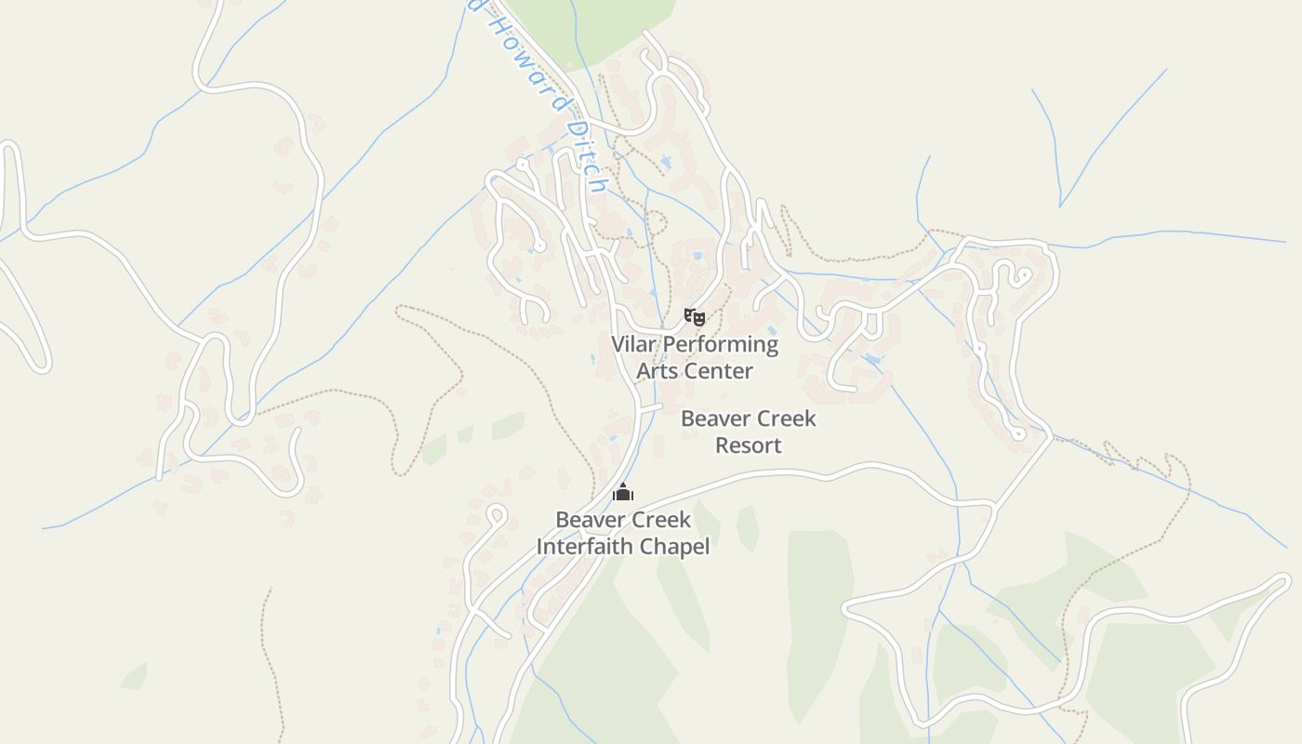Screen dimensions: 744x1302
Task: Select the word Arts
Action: point(658,371)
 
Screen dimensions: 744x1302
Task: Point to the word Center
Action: point(718,371)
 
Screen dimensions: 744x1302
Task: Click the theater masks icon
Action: point(694,317)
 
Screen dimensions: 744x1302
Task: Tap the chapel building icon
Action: point(623,492)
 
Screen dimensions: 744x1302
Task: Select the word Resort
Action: point(748,445)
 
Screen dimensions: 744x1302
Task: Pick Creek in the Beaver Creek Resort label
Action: point(785,418)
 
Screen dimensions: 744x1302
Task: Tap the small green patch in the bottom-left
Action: point(133,676)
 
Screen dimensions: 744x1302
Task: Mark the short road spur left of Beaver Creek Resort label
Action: point(650,407)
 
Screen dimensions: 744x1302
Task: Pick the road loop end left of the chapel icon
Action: point(497,511)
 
